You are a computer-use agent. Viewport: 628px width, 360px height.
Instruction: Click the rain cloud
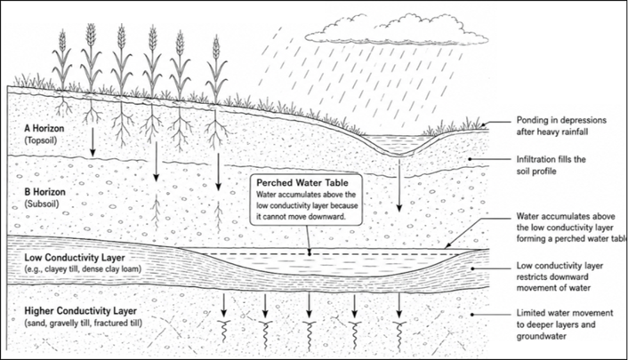pyautogui.click(x=397, y=30)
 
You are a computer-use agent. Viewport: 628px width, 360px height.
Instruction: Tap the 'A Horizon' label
pyautogui.click(x=44, y=129)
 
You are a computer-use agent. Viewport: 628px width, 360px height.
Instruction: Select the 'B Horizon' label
pyautogui.click(x=44, y=192)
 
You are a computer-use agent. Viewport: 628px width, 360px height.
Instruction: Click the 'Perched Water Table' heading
pyautogui.click(x=302, y=183)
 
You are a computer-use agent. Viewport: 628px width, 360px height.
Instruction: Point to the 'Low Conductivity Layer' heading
pyautogui.click(x=75, y=258)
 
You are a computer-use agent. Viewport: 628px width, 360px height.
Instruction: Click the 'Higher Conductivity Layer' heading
pyautogui.click(x=81, y=311)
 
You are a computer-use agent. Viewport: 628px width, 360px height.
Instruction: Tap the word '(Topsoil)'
pyautogui.click(x=41, y=140)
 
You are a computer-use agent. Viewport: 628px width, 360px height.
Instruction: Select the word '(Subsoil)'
pyautogui.click(x=42, y=204)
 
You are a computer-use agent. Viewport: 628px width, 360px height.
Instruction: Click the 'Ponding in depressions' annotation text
pyautogui.click(x=561, y=120)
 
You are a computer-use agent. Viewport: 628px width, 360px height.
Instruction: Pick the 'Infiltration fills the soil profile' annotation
pyautogui.click(x=551, y=165)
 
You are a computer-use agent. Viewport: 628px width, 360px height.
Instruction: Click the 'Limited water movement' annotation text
pyautogui.click(x=564, y=313)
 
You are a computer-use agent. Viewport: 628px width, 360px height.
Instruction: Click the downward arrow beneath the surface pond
pyautogui.click(x=399, y=185)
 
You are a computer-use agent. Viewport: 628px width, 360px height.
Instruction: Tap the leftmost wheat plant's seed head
pyautogui.click(x=62, y=40)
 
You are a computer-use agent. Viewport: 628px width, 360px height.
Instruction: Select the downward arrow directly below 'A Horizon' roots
pyautogui.click(x=93, y=141)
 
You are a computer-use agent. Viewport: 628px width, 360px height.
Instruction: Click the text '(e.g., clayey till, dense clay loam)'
pyautogui.click(x=83, y=269)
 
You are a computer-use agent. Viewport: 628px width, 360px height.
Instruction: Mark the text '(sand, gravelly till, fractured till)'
pyautogui.click(x=84, y=323)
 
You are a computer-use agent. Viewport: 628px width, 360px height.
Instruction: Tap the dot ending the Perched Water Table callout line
pyautogui.click(x=310, y=253)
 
